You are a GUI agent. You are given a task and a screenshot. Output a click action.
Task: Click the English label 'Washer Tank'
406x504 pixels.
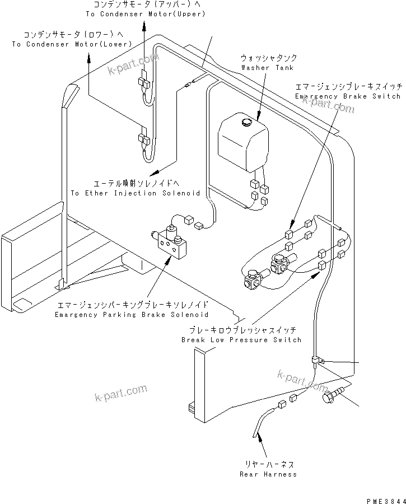point(259,67)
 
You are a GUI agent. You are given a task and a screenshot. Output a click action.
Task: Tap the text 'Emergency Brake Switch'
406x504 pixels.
point(348,96)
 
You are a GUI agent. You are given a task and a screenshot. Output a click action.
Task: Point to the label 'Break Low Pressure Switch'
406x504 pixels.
point(241,340)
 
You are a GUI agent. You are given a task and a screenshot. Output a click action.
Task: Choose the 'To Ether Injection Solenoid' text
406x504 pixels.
point(135,193)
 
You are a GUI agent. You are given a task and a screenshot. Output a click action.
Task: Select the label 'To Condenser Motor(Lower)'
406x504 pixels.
point(71,44)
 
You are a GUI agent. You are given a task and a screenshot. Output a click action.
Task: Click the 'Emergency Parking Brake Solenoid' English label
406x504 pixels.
point(132,315)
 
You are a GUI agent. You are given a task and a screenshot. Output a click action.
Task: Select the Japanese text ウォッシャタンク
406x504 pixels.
point(269,58)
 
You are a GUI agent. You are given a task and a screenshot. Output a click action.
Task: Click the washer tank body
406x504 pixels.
point(242,143)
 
